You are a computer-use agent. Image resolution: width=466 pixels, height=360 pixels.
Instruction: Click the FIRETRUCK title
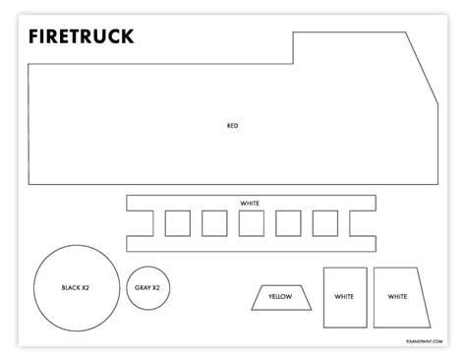[x=82, y=37]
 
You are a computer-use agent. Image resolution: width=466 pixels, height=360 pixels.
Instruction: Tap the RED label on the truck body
[x=232, y=125]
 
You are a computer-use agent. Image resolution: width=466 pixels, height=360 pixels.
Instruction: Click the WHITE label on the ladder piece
[x=250, y=204]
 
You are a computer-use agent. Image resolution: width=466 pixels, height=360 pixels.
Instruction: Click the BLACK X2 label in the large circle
[x=76, y=287]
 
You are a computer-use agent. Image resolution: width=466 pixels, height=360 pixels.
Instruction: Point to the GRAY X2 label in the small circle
[x=146, y=287]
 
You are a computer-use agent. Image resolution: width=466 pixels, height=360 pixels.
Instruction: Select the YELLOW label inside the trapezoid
[x=280, y=296]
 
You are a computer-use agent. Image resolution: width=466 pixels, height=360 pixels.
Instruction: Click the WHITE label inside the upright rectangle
[x=344, y=296]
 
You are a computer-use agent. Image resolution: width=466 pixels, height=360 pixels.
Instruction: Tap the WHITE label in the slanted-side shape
[x=397, y=296]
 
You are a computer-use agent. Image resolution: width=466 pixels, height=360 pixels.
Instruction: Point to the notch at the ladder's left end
[x=136, y=223]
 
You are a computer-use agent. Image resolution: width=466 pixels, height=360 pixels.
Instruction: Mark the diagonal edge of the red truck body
[x=423, y=64]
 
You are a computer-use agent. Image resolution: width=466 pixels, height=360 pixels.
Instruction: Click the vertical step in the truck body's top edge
[x=294, y=49]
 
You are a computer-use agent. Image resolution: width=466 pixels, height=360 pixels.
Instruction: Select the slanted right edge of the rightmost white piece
[x=426, y=296]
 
